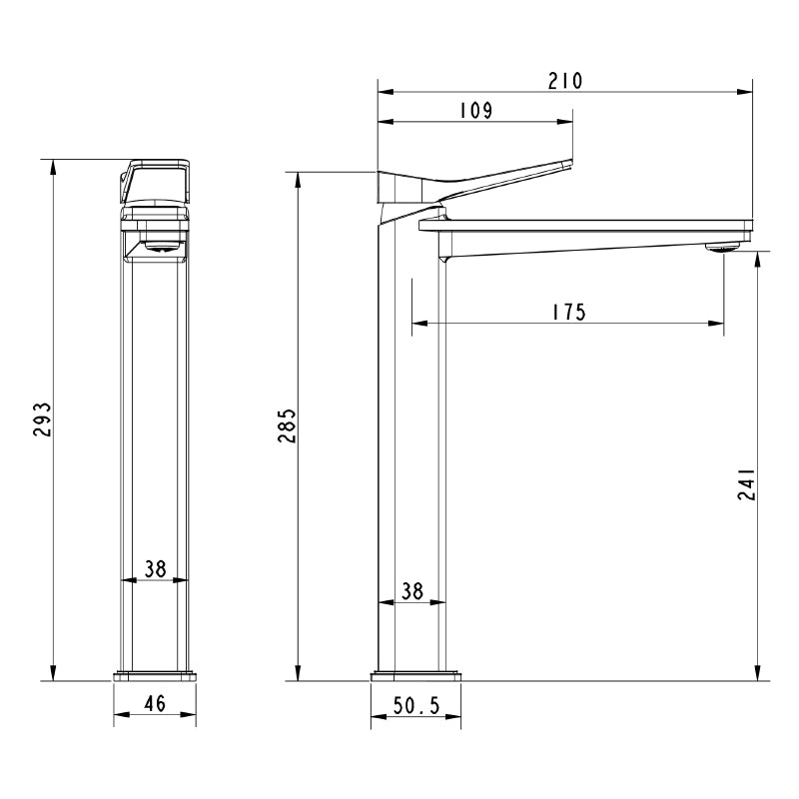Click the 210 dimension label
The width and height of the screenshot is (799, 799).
click(564, 81)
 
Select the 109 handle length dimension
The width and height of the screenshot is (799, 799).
click(476, 111)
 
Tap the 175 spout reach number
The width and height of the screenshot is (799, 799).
click(569, 312)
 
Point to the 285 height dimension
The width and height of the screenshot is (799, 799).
click(288, 425)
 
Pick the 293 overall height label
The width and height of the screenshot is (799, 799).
click(42, 419)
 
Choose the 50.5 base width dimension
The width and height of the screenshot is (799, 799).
click(415, 706)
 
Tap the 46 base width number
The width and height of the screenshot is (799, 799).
click(155, 704)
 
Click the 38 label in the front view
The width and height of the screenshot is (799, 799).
click(155, 569)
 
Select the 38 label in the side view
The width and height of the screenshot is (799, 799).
click(412, 591)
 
